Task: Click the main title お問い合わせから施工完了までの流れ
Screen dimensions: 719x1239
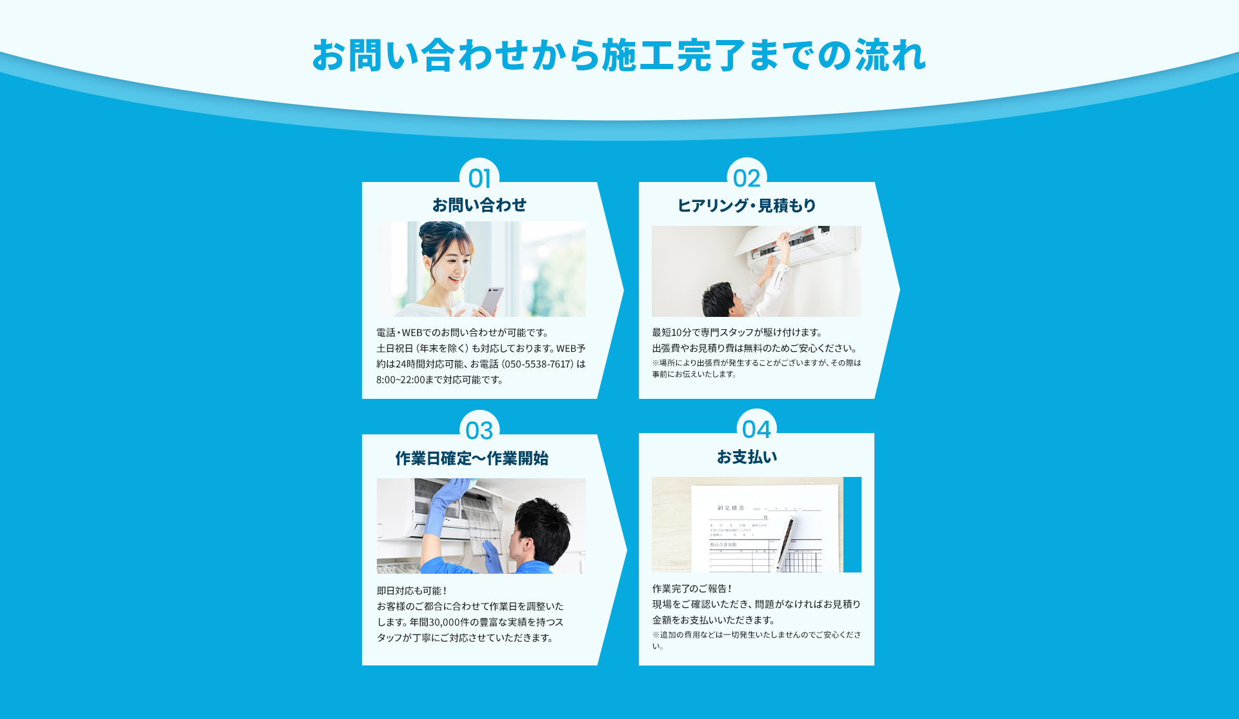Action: point(619,56)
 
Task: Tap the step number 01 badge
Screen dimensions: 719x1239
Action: point(479,178)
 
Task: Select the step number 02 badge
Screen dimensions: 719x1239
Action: point(747,178)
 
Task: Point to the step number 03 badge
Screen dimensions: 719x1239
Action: point(479,430)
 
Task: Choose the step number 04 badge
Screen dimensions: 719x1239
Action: point(756,429)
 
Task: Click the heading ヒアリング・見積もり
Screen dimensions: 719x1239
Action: point(747,205)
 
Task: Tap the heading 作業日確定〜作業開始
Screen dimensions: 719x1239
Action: point(472,458)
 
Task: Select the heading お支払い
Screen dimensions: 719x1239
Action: point(747,457)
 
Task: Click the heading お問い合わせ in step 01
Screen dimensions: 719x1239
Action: point(479,205)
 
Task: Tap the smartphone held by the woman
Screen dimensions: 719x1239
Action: point(491,299)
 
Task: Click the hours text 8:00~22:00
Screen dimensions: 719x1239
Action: point(400,380)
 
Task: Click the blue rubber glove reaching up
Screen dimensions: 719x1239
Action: point(445,500)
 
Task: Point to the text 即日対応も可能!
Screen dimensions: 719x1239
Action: point(412,591)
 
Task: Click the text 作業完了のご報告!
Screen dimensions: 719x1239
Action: point(692,589)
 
